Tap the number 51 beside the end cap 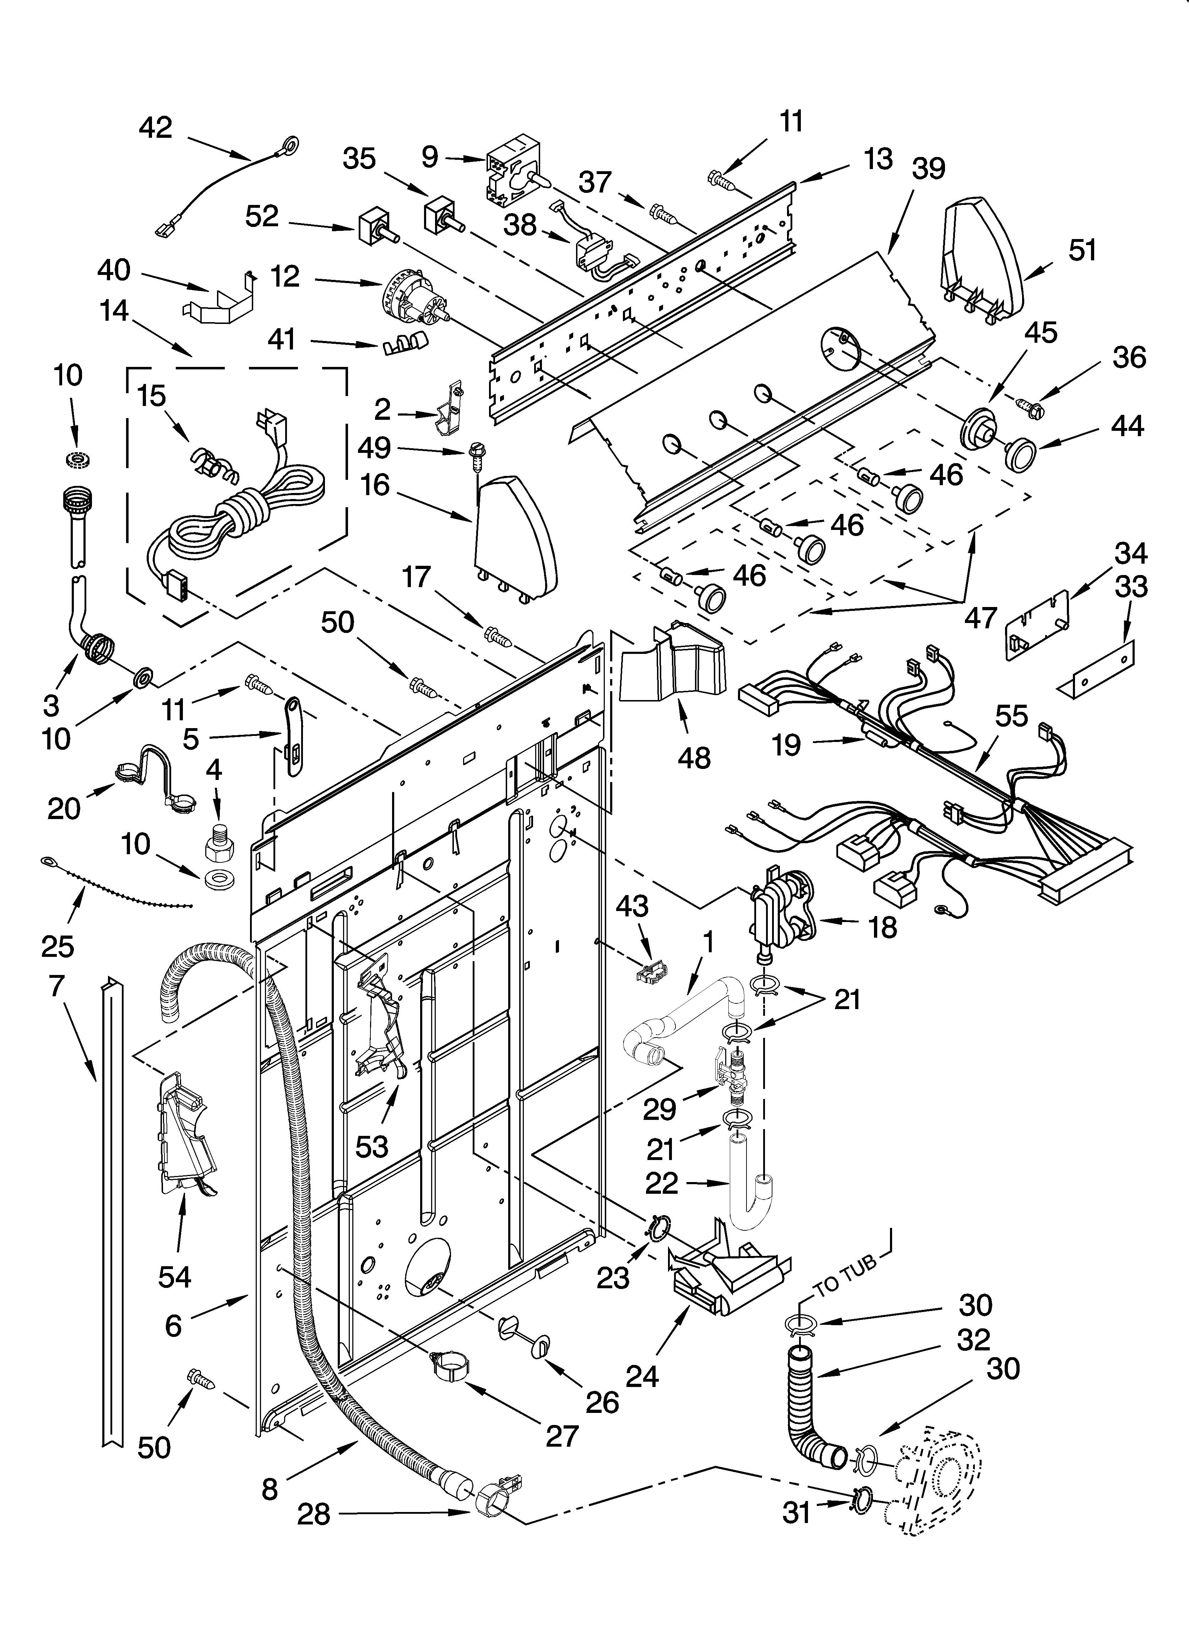pos(1082,250)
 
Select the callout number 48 pos(694,758)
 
